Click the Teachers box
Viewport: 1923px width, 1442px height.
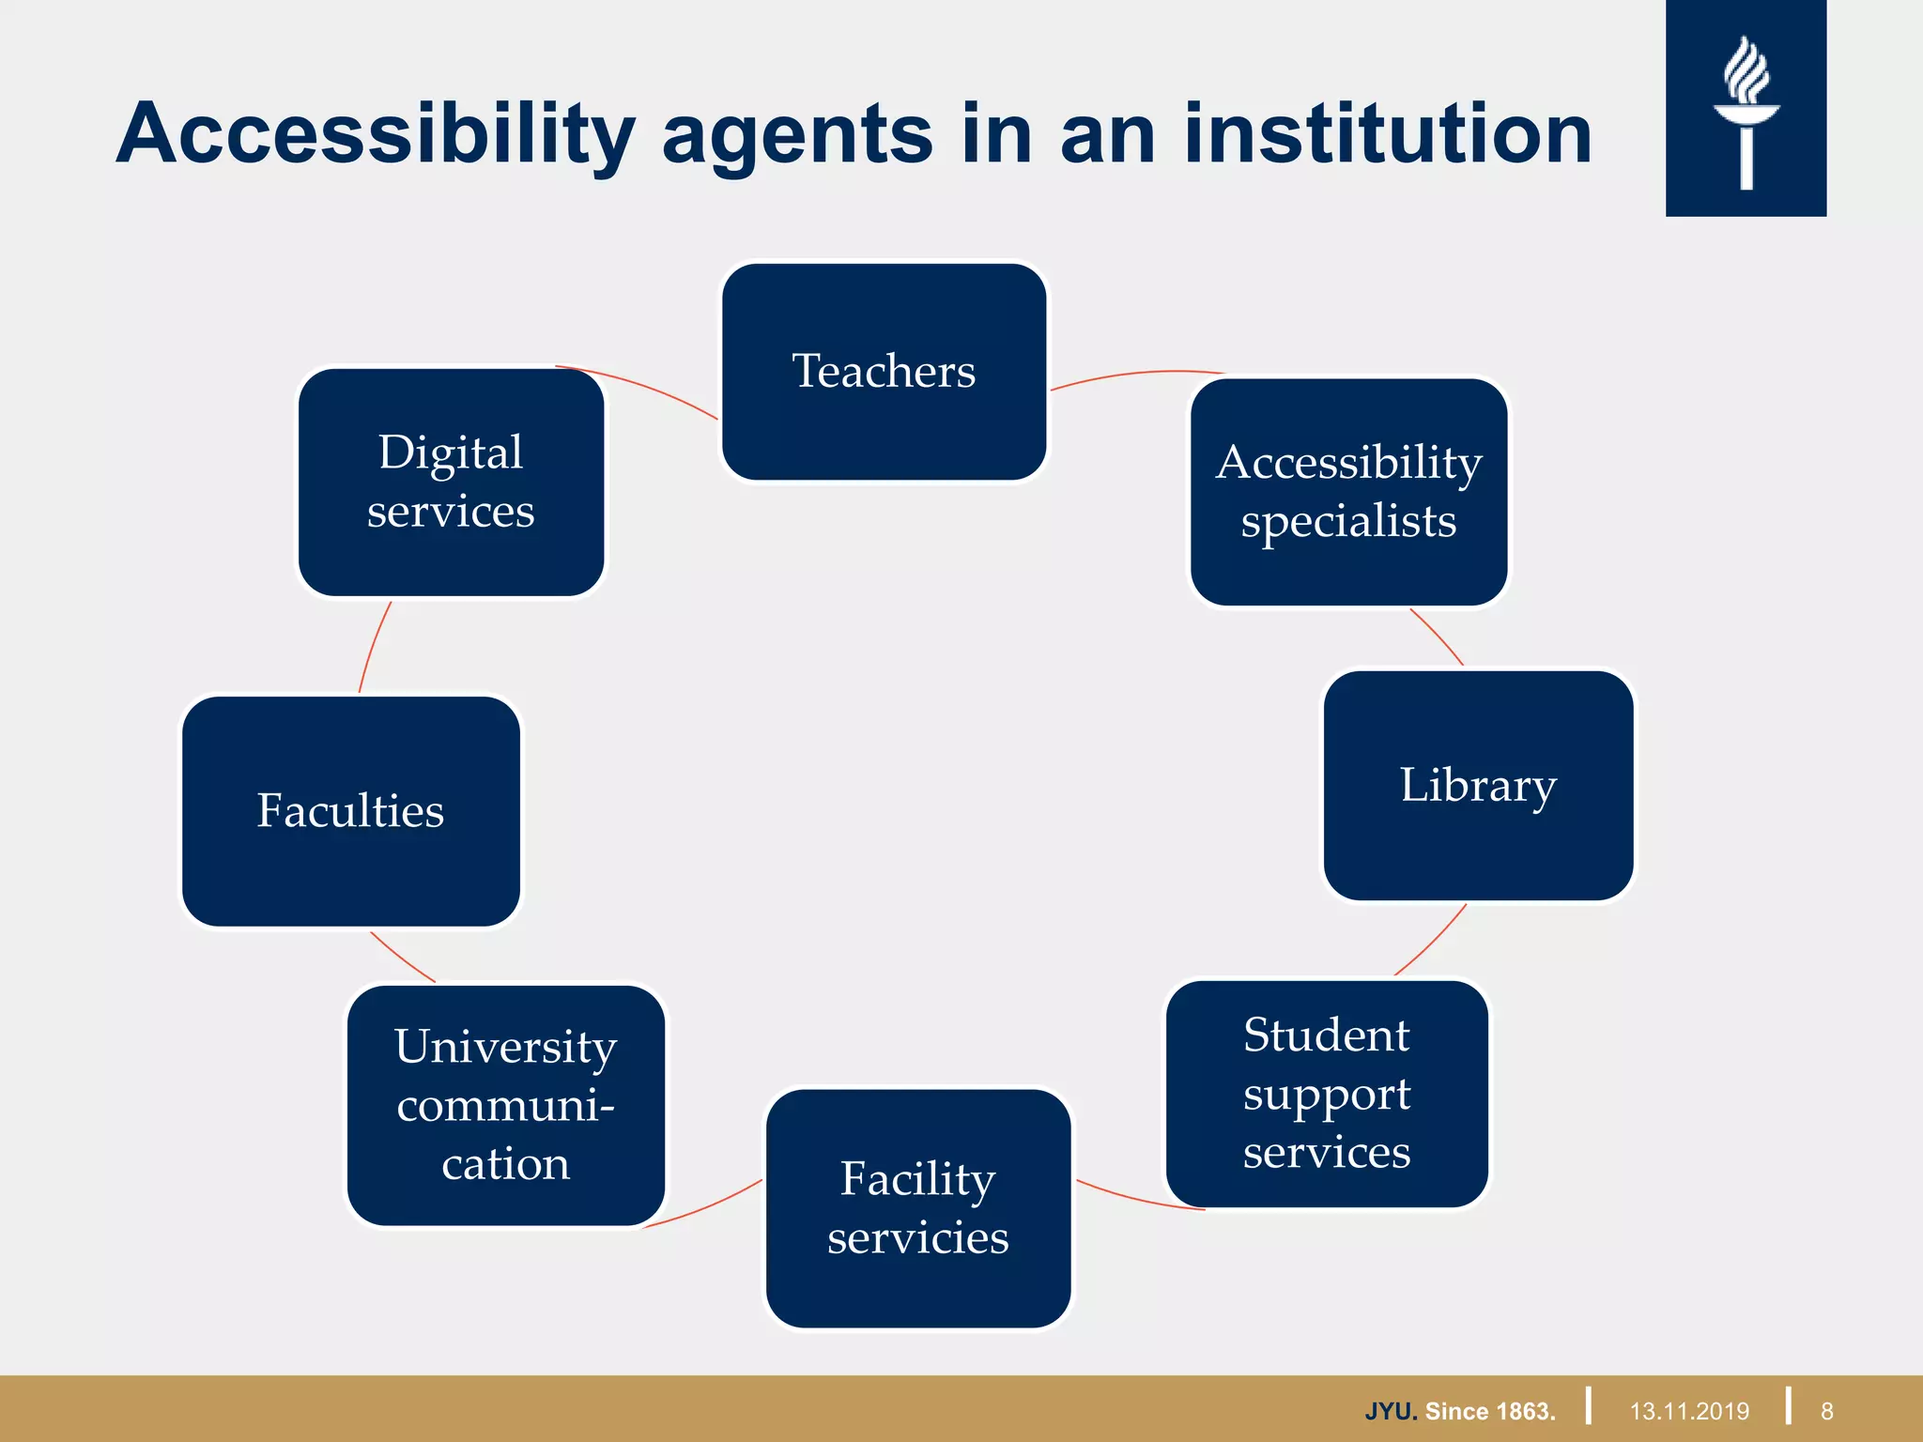[884, 372]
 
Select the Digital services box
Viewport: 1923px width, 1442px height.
[451, 482]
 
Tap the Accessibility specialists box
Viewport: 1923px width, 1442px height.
[1348, 492]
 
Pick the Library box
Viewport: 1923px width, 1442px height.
[1478, 785]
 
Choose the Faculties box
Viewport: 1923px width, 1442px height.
[350, 811]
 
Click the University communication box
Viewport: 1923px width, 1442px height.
[505, 1105]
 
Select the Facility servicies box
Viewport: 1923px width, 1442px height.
[917, 1208]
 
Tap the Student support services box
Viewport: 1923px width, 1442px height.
[1326, 1094]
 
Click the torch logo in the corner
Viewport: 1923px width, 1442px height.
[1746, 109]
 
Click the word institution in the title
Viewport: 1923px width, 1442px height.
[1388, 134]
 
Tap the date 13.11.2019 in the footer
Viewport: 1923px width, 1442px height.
[1689, 1411]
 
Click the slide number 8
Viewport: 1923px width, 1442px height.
[1826, 1411]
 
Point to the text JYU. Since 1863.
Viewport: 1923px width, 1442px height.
[1460, 1411]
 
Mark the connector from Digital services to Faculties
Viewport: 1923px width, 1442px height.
[372, 646]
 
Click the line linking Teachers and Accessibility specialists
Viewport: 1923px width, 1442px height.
[1136, 374]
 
